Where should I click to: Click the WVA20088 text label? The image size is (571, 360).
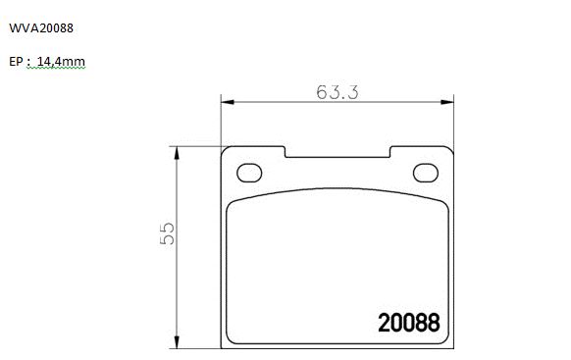[x=41, y=28]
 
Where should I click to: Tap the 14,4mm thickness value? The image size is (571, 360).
[x=61, y=62]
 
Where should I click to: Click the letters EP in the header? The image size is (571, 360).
[x=16, y=62]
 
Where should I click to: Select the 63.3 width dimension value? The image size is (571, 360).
[x=337, y=92]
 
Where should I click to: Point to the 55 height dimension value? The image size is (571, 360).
[x=168, y=233]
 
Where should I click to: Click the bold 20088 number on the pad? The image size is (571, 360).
[x=409, y=323]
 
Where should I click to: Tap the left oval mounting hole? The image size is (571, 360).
[x=249, y=173]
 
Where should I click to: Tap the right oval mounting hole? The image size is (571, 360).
[x=426, y=173]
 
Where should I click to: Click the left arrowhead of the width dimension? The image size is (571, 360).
[x=228, y=102]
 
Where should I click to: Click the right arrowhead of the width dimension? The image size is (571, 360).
[x=447, y=102]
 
